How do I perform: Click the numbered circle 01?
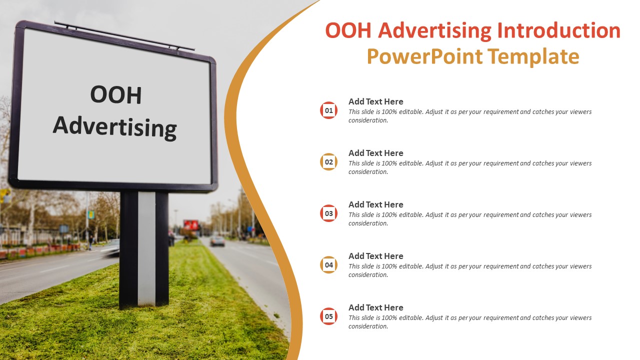click(x=328, y=110)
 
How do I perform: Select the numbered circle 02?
click(x=328, y=161)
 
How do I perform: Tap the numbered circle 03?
click(x=328, y=213)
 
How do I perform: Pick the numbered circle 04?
click(x=328, y=264)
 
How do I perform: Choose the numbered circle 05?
click(x=328, y=316)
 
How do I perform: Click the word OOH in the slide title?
click(x=348, y=30)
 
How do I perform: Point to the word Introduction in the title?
click(x=558, y=30)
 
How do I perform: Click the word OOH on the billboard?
click(x=116, y=95)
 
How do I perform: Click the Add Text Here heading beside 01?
click(x=375, y=101)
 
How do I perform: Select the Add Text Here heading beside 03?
click(x=375, y=204)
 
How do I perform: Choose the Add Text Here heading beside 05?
click(x=375, y=307)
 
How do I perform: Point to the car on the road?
click(x=217, y=241)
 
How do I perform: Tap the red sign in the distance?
click(x=191, y=224)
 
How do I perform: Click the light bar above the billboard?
click(x=124, y=36)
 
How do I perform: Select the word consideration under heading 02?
click(x=368, y=172)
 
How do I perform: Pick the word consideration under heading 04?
click(x=368, y=275)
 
